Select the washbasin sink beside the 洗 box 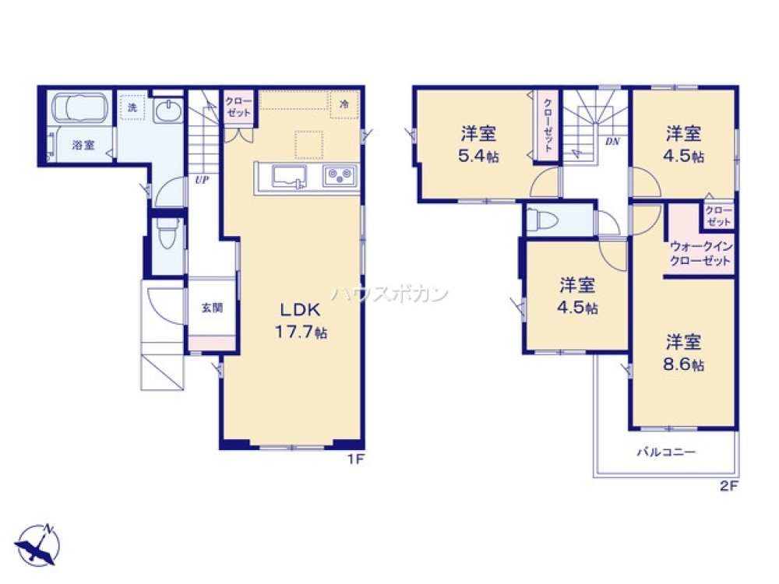pyautogui.click(x=167, y=111)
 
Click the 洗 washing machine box pyautogui.click(x=132, y=108)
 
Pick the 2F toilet pyautogui.click(x=543, y=221)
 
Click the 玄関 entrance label pyautogui.click(x=212, y=307)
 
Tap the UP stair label pyautogui.click(x=202, y=180)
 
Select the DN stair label pyautogui.click(x=612, y=142)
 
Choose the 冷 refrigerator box pyautogui.click(x=344, y=104)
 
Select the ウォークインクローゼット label pyautogui.click(x=700, y=255)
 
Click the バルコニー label pyautogui.click(x=666, y=452)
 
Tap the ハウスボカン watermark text pyautogui.click(x=389, y=294)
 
